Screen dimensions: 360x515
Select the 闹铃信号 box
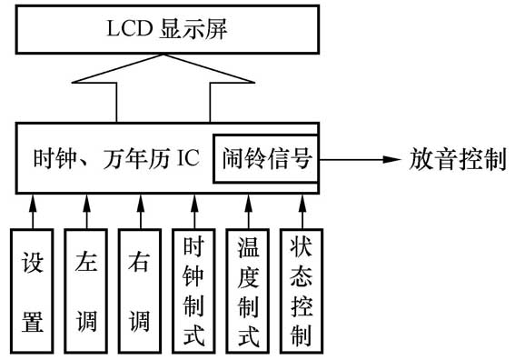point(266,159)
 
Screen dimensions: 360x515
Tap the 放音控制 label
point(455,160)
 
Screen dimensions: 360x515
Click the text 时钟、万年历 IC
point(114,160)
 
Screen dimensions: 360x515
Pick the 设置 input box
point(33,289)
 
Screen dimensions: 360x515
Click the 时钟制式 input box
point(193,289)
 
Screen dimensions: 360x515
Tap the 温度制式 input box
point(247,289)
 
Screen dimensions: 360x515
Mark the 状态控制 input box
point(300,289)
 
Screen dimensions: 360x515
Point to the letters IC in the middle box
point(187,161)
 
